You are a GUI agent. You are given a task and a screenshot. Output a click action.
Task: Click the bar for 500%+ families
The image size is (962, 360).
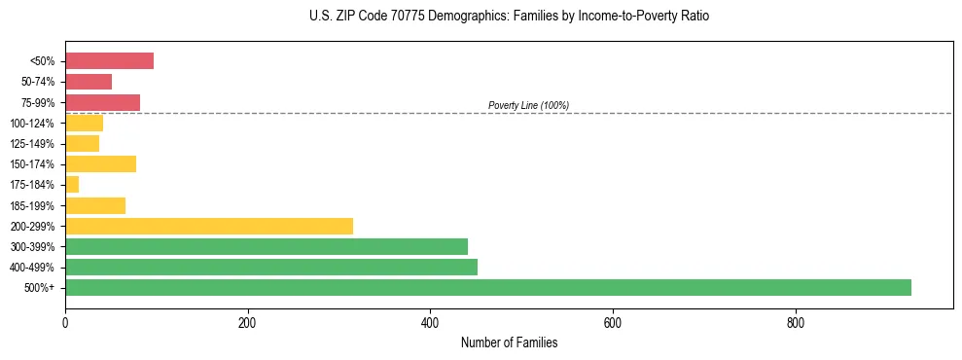point(487,288)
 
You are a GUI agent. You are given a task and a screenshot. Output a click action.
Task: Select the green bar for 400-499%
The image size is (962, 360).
point(270,268)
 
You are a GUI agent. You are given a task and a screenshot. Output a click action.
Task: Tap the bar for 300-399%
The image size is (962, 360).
point(266,246)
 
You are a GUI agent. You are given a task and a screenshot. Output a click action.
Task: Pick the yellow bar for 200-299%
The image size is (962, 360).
point(208,226)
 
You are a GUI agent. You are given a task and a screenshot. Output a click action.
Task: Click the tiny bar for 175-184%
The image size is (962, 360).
point(72,185)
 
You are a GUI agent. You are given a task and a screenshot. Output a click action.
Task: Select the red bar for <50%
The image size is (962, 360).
point(109,61)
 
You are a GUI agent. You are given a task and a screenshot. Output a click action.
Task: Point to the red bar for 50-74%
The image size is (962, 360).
point(89,82)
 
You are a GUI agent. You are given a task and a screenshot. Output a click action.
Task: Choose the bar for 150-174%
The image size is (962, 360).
point(100,164)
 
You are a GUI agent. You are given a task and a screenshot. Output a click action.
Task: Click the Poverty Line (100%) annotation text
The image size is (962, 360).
point(528,105)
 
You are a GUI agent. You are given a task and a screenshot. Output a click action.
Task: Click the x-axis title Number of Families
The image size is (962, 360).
point(509,342)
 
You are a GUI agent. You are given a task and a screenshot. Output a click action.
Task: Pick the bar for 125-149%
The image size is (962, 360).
point(82,144)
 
